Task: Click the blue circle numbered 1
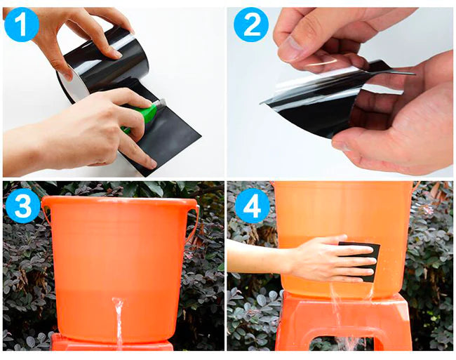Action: (x=22, y=25)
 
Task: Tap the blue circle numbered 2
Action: (x=251, y=25)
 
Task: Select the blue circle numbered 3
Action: (x=22, y=206)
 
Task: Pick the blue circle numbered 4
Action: (x=252, y=206)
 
